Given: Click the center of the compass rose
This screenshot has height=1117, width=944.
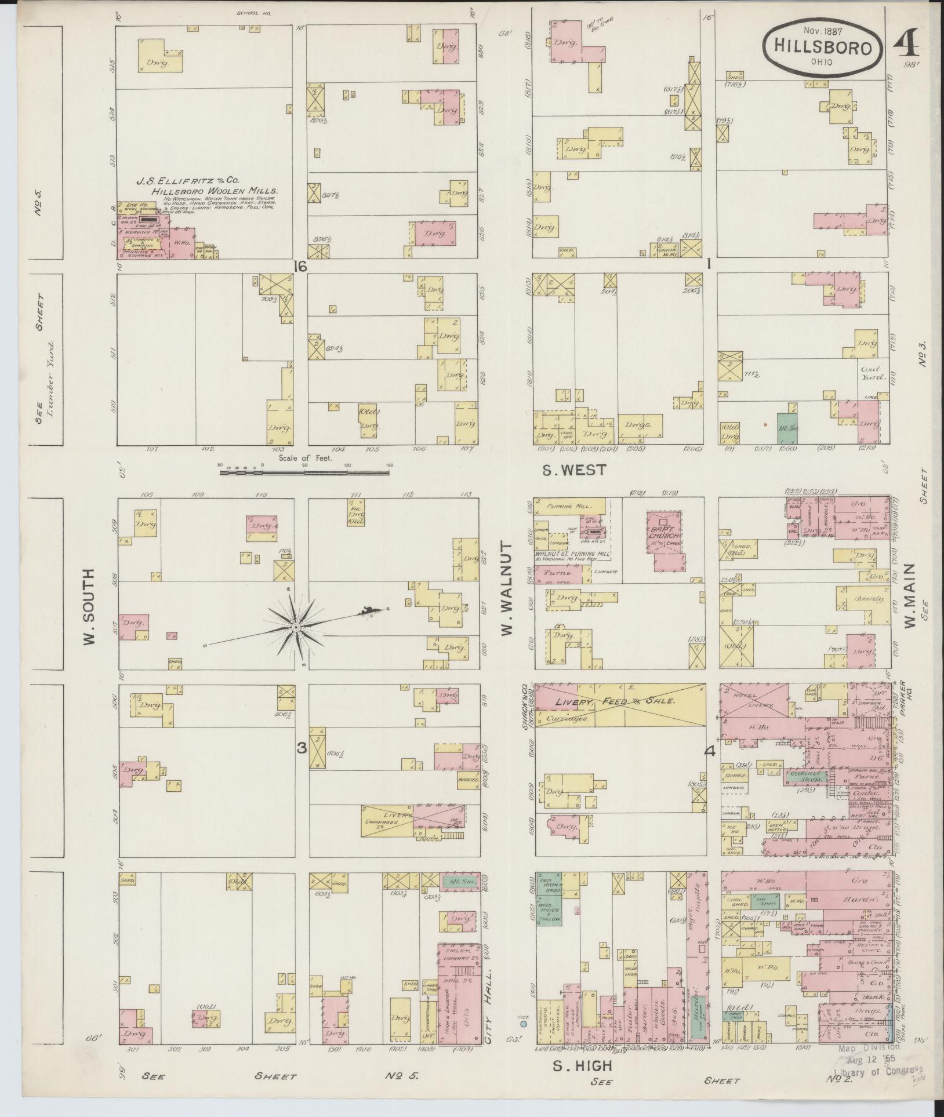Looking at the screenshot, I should coord(296,628).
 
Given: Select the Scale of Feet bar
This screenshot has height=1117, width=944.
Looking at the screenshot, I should coord(304,472).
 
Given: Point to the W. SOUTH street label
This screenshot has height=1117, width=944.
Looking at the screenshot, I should coord(89,606).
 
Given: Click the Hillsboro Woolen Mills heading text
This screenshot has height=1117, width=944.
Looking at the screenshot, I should coord(215,190).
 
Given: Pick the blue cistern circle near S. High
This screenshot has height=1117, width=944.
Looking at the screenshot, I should coord(524,1024).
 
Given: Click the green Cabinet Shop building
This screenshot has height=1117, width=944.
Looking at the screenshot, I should coord(806,777).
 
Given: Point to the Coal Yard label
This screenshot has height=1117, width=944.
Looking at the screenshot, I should coord(871,373).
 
